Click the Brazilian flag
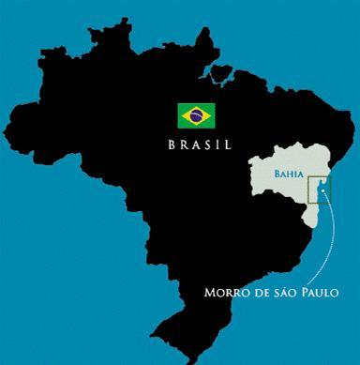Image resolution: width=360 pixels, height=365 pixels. (x=195, y=115)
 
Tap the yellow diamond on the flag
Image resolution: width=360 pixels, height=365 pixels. (x=195, y=115)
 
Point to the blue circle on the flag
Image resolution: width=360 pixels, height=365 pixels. (x=195, y=115)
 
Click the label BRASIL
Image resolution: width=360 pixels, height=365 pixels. (x=199, y=145)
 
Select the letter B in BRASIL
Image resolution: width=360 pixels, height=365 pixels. (x=172, y=145)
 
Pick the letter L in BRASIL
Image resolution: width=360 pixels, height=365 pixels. (x=226, y=145)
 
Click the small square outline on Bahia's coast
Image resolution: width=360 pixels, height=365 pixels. (x=321, y=193)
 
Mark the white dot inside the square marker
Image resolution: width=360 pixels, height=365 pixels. (x=321, y=193)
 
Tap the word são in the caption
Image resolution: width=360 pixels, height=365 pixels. (x=278, y=292)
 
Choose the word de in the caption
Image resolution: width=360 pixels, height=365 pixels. (x=256, y=292)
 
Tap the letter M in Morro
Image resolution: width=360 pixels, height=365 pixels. (x=209, y=292)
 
